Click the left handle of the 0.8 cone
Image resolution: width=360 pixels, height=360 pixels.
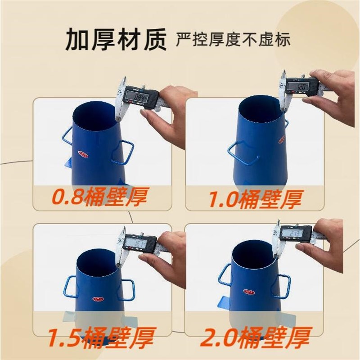67,134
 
